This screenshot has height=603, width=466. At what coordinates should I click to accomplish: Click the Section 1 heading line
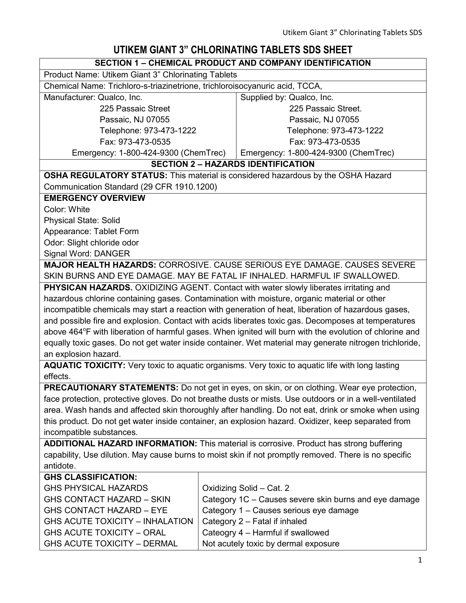pyautogui.click(x=233, y=63)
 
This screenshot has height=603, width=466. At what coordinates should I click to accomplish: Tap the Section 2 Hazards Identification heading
pyautogui.click(x=233, y=164)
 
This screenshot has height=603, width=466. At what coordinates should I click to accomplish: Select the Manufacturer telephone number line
pyautogui.click(x=148, y=131)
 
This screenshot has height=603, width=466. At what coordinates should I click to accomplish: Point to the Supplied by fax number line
pyautogui.click(x=325, y=142)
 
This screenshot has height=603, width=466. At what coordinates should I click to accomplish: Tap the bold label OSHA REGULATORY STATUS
pyautogui.click(x=106, y=176)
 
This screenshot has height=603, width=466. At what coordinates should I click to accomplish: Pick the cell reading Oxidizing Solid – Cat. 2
pyautogui.click(x=246, y=488)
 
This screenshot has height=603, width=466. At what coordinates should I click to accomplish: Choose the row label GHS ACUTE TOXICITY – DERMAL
pyautogui.click(x=111, y=544)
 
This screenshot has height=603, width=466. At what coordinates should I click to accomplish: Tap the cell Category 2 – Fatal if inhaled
pyautogui.click(x=254, y=522)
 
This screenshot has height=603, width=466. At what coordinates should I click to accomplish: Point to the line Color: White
pyautogui.click(x=67, y=210)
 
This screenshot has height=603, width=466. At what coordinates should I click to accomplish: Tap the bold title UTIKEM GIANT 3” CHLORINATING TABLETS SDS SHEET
pyautogui.click(x=233, y=50)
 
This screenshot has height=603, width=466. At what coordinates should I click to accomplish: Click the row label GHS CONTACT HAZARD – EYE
pyautogui.click(x=106, y=511)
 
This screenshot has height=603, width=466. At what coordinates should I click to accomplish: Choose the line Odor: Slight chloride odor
pyautogui.click(x=91, y=243)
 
